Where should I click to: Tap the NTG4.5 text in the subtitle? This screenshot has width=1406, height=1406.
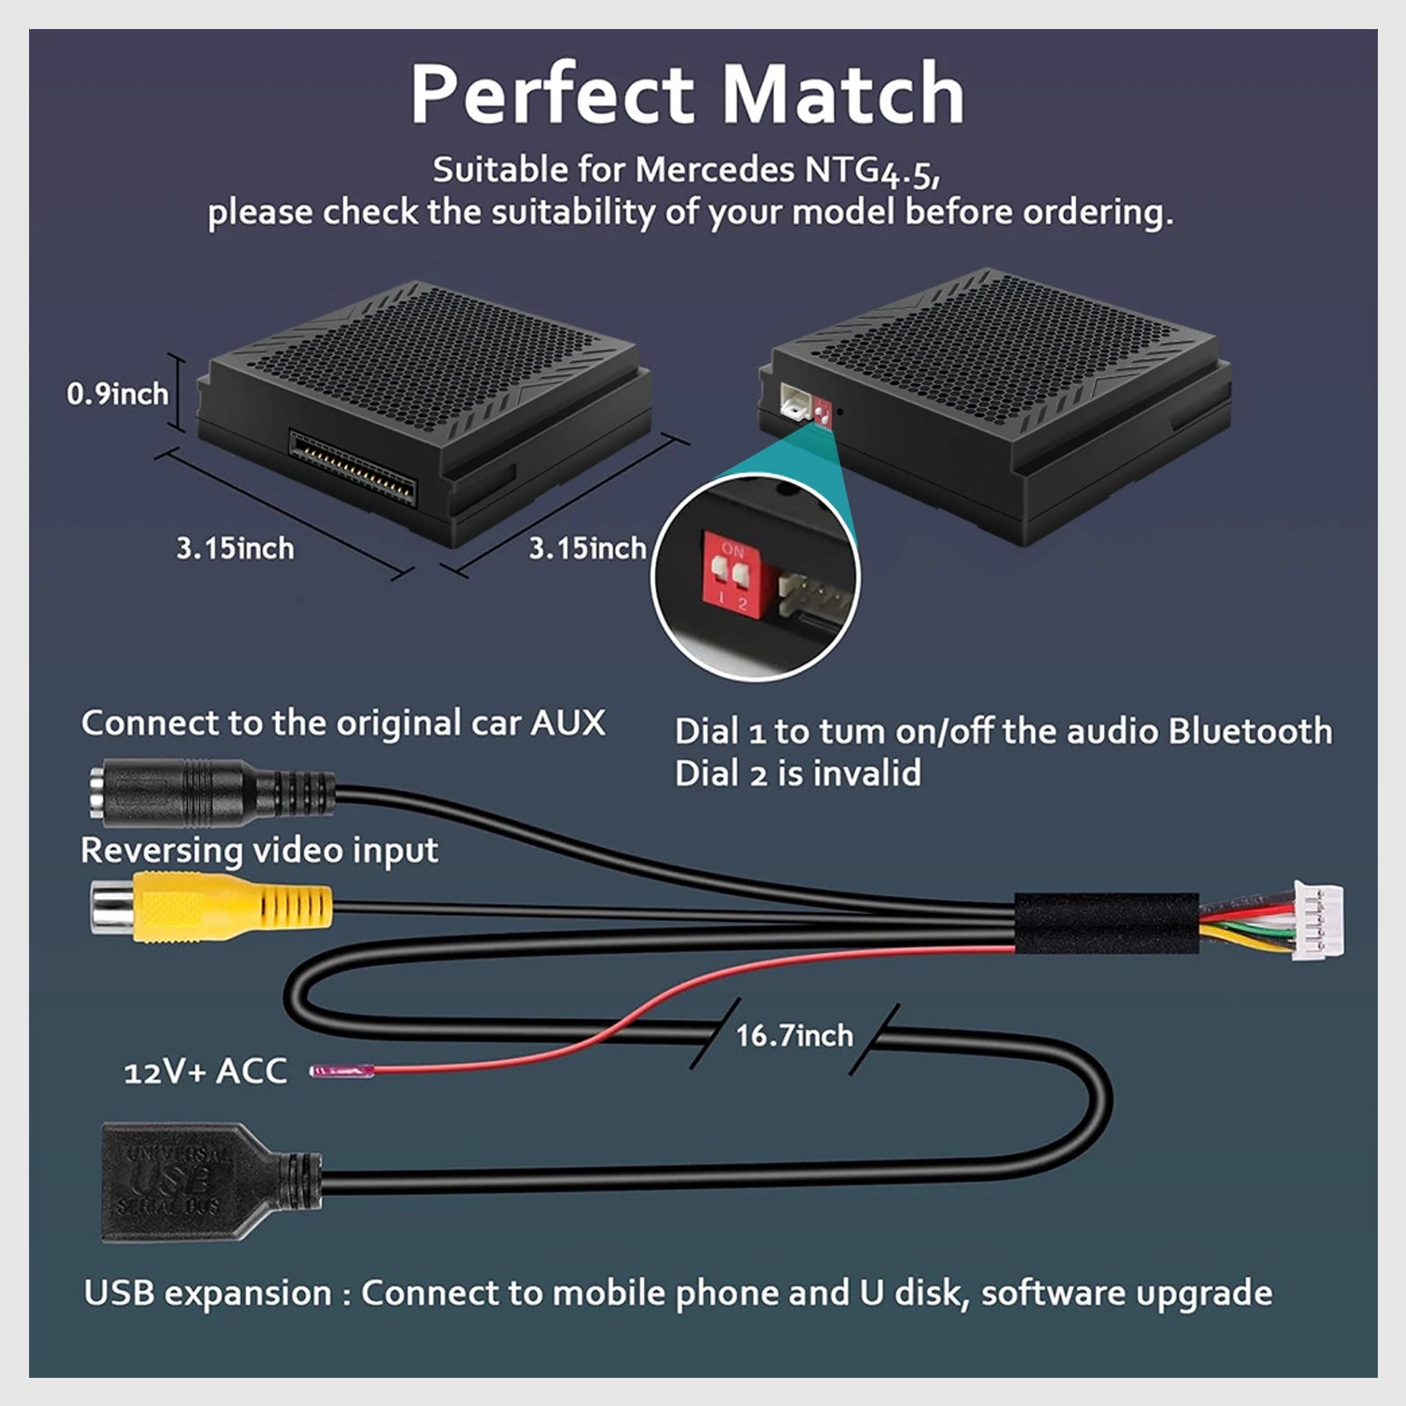coord(872,170)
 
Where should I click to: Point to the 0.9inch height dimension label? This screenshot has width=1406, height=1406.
coord(118,394)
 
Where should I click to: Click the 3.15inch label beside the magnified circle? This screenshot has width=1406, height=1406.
coord(587,548)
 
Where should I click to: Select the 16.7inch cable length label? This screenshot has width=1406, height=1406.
coord(794,1035)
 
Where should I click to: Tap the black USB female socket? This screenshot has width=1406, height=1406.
coord(211,1181)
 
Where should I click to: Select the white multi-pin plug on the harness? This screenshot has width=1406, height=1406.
coord(1317,920)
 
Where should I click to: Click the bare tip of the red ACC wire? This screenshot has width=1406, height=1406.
coord(341,1071)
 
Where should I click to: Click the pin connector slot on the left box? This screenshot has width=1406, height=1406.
coord(352,466)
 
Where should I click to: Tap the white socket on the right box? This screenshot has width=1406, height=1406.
coord(794,401)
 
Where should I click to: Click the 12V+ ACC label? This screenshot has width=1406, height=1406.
coord(206,1071)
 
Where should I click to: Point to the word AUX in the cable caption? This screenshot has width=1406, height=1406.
coord(568,723)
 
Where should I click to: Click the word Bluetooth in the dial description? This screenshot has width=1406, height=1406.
coord(1250,731)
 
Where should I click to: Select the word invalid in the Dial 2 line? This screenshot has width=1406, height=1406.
coord(867,773)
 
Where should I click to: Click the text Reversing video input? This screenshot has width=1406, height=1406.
coord(259,851)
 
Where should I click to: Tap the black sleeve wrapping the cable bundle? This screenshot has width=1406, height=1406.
coord(1106,923)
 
